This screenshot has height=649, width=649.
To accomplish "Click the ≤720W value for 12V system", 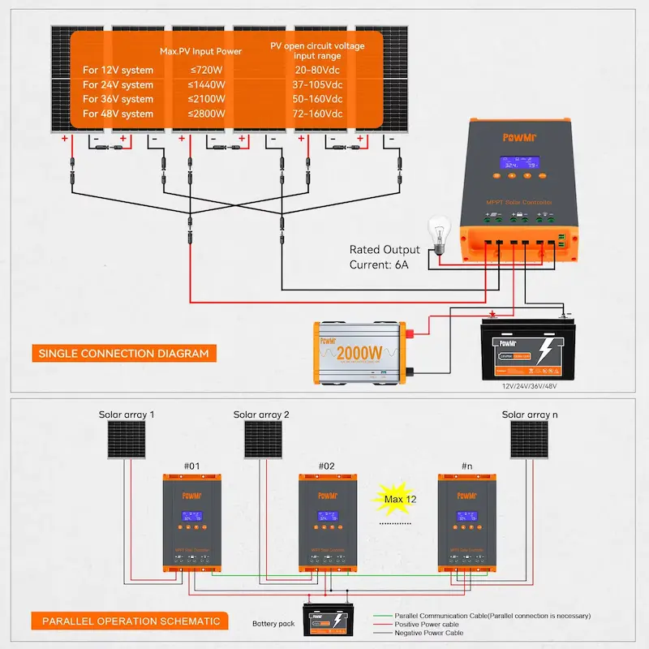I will [x=206, y=71].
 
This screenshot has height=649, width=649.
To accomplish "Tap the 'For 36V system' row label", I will [x=118, y=99].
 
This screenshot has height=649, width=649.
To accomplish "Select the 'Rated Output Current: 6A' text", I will [x=385, y=257].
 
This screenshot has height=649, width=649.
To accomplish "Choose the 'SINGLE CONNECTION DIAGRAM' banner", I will [x=122, y=354].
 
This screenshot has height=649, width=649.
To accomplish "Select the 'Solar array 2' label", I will [x=261, y=415].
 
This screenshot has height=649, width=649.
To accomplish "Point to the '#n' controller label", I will [x=465, y=467].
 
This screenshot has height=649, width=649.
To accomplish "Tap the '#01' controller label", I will [x=192, y=467].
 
